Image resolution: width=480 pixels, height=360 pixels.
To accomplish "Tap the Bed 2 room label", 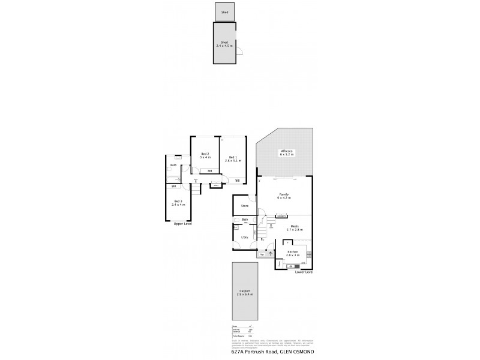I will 205,154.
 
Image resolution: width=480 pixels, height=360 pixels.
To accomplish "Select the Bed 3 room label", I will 178,202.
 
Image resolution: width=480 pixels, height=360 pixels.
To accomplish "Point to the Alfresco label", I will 286,151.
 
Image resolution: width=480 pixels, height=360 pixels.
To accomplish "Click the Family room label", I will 284,194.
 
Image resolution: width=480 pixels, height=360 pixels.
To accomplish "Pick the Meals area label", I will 295,227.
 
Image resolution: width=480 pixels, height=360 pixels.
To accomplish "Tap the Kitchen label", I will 293,251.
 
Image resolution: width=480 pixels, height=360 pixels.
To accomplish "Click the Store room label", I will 245,206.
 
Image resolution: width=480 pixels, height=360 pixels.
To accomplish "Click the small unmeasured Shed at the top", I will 225,12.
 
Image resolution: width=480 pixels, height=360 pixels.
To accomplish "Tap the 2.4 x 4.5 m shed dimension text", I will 225,44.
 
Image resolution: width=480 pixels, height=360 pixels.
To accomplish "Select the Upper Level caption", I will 182,224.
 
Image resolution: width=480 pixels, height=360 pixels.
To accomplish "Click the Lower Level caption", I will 304,272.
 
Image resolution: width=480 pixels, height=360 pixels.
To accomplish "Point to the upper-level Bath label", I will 173,165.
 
